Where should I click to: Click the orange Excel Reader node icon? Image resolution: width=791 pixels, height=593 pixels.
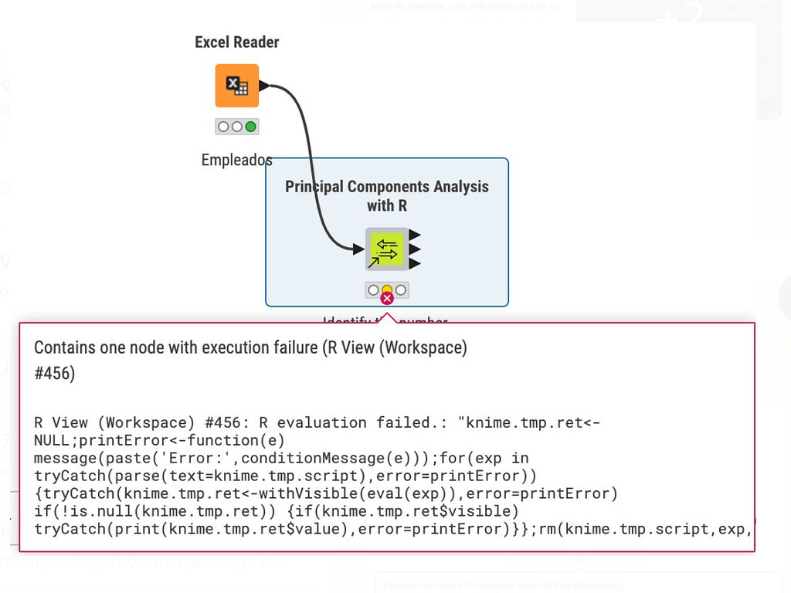point(236,86)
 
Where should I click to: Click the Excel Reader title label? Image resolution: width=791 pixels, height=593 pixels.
point(236,42)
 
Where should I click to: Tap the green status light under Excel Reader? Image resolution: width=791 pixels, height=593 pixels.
point(250,127)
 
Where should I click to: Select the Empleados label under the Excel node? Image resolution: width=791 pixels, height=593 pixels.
point(236,161)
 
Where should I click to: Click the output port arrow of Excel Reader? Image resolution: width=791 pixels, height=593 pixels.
point(265,86)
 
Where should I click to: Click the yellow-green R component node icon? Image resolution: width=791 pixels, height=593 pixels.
point(386,249)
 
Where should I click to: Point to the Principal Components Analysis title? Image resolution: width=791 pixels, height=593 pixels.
point(386,187)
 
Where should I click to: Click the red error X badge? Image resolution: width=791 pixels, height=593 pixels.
point(387,298)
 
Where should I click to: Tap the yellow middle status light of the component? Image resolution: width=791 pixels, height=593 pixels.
point(387,290)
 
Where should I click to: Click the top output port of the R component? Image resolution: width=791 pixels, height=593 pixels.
point(415,235)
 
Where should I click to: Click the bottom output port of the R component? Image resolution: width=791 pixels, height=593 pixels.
point(415,263)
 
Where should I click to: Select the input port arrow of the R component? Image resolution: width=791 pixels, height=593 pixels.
point(358,249)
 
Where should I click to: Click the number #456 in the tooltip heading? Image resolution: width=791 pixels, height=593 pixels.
point(53,374)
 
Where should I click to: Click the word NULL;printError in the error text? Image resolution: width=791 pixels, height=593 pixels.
point(92,440)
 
